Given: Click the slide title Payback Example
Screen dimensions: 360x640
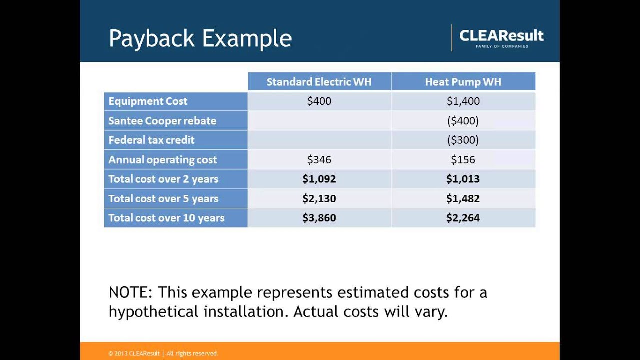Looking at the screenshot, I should (200, 38).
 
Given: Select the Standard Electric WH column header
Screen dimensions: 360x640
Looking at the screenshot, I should (319, 82).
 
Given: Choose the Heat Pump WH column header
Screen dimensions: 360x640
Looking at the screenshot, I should (463, 82).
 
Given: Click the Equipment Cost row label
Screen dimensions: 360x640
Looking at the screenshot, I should (148, 101).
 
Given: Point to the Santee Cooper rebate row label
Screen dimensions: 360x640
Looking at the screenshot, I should (162, 121).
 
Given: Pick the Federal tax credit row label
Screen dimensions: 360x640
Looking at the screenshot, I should (151, 140).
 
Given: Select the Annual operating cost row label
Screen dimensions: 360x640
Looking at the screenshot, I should (162, 160).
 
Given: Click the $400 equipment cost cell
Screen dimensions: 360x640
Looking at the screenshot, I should (319, 101).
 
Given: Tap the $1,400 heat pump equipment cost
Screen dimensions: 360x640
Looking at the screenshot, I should (463, 101).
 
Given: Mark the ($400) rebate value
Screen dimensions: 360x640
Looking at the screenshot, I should (463, 121).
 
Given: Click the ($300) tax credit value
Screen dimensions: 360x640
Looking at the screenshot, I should (463, 140).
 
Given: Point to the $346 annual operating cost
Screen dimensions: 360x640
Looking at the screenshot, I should (319, 160).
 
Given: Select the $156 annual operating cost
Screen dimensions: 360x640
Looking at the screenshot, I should (463, 160).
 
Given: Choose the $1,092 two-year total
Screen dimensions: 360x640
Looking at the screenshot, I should (319, 179).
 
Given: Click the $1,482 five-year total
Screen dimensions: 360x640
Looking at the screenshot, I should (463, 198).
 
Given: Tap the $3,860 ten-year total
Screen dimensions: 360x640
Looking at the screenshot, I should (319, 218).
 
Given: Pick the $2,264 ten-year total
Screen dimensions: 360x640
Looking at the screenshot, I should (463, 218).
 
